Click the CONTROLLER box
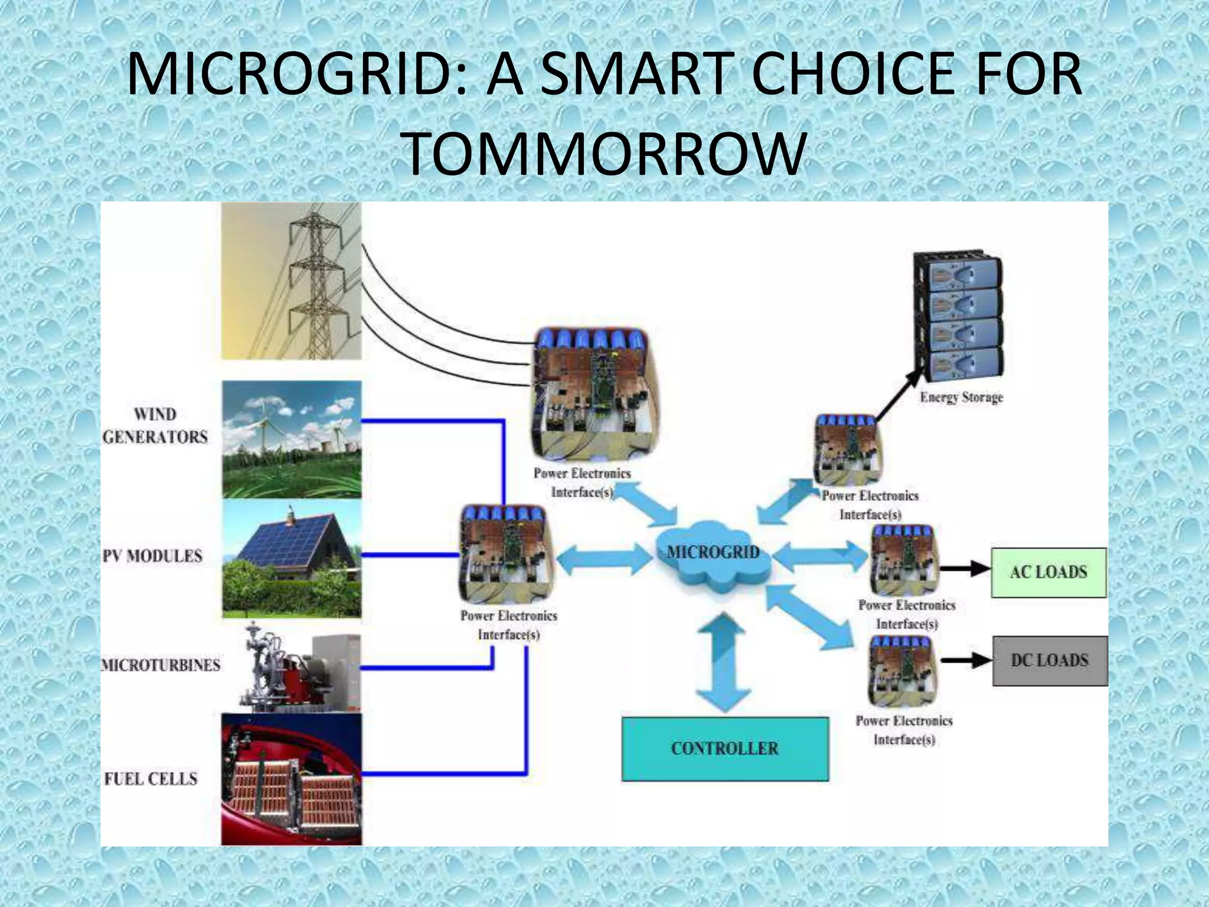tap(725, 749)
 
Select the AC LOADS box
tap(1048, 572)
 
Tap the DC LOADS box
tap(1050, 660)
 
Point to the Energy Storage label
tap(961, 397)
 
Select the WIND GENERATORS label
tap(155, 426)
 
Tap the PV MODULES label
tap(153, 556)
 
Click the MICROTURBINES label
tap(161, 665)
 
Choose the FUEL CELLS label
tap(151, 778)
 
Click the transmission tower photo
tap(291, 281)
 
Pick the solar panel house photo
tap(292, 559)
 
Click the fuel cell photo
tap(292, 778)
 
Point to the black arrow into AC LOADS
tap(965, 569)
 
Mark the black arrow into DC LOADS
tap(966, 660)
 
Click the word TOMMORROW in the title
tap(604, 154)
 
